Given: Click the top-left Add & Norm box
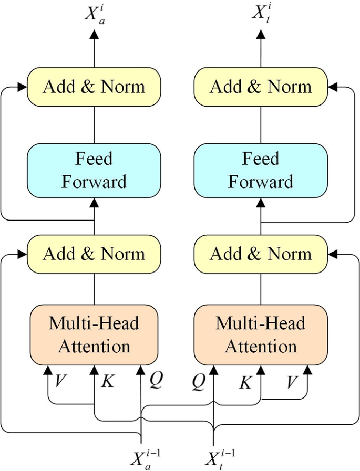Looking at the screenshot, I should (94, 87).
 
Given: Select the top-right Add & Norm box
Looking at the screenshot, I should (261, 87).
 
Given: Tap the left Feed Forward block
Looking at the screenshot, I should (94, 170).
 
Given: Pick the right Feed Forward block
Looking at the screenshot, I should (261, 170).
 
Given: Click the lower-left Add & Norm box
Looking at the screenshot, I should (94, 254).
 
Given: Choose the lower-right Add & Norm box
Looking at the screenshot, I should (261, 254).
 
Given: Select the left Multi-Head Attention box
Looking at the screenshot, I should (94, 334).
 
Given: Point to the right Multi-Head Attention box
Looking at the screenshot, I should (261, 334).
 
